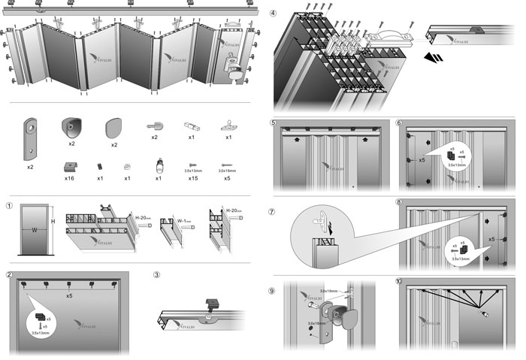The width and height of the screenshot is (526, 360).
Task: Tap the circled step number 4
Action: coord(273,14)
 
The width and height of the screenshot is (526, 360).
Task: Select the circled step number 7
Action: coord(273,212)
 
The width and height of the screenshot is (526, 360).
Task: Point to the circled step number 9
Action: coord(273,289)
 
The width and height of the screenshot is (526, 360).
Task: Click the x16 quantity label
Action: coord(69,178)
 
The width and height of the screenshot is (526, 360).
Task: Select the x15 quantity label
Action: coord(192,178)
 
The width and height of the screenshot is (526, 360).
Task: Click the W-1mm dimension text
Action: coord(186,221)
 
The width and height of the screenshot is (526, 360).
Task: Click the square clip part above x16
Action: coord(69,165)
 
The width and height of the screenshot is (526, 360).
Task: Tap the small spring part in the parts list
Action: coord(100,165)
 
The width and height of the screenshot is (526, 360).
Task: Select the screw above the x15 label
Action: coord(192,164)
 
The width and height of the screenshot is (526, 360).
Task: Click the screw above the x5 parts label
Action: coord(227,165)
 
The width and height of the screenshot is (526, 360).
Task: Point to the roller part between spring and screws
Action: coord(159,164)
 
